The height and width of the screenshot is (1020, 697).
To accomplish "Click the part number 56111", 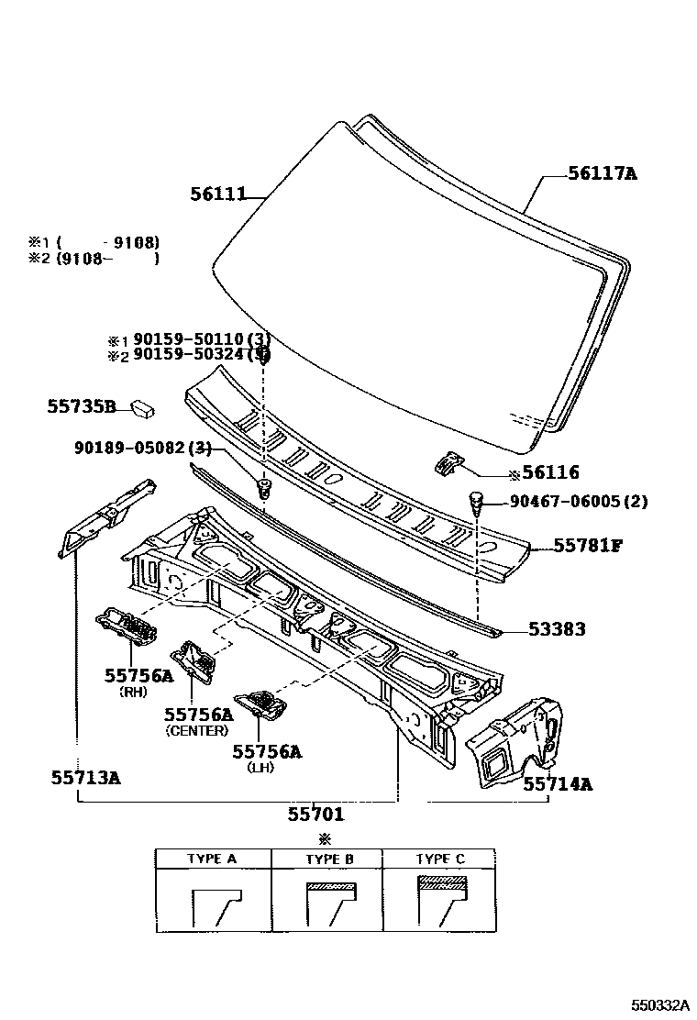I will (x=218, y=194).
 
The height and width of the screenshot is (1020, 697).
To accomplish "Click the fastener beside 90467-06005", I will (x=477, y=503).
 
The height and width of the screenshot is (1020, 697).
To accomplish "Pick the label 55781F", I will (x=588, y=546).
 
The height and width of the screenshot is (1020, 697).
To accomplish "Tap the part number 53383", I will (x=557, y=629).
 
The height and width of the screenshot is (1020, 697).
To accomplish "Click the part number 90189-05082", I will (x=136, y=448).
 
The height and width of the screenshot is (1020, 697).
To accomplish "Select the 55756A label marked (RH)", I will (x=138, y=675).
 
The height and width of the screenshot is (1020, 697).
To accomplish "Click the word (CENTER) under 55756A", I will (x=196, y=731).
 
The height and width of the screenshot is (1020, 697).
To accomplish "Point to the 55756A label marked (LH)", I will (x=266, y=752).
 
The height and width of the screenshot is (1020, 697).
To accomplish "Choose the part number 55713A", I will (x=85, y=778).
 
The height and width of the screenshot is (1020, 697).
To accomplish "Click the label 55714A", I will (x=558, y=783).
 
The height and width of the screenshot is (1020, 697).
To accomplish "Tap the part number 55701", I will (x=315, y=813).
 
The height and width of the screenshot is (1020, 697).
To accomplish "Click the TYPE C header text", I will (x=440, y=859).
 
